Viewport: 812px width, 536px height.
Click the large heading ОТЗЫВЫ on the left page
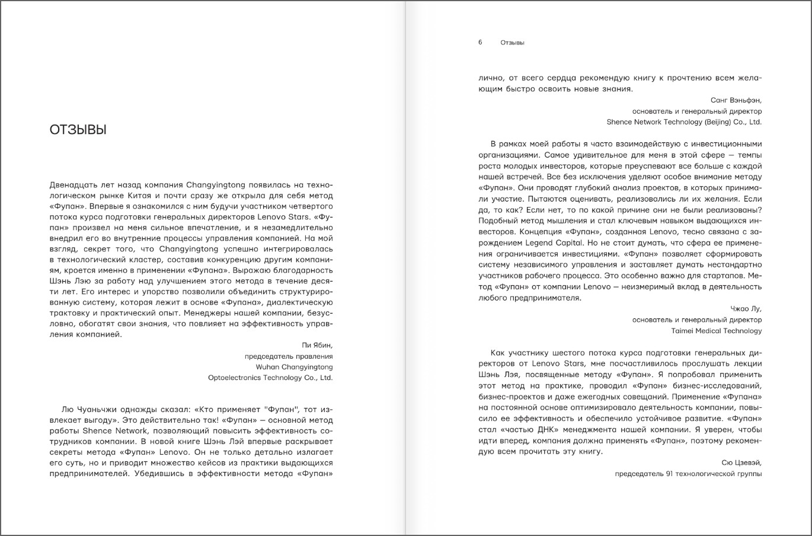[78, 130]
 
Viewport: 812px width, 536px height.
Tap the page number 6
[480, 43]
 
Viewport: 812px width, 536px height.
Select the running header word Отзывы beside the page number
[512, 43]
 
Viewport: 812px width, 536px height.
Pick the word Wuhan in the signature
[267, 367]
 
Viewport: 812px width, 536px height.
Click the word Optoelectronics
[235, 378]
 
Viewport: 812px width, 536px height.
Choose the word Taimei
[683, 331]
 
